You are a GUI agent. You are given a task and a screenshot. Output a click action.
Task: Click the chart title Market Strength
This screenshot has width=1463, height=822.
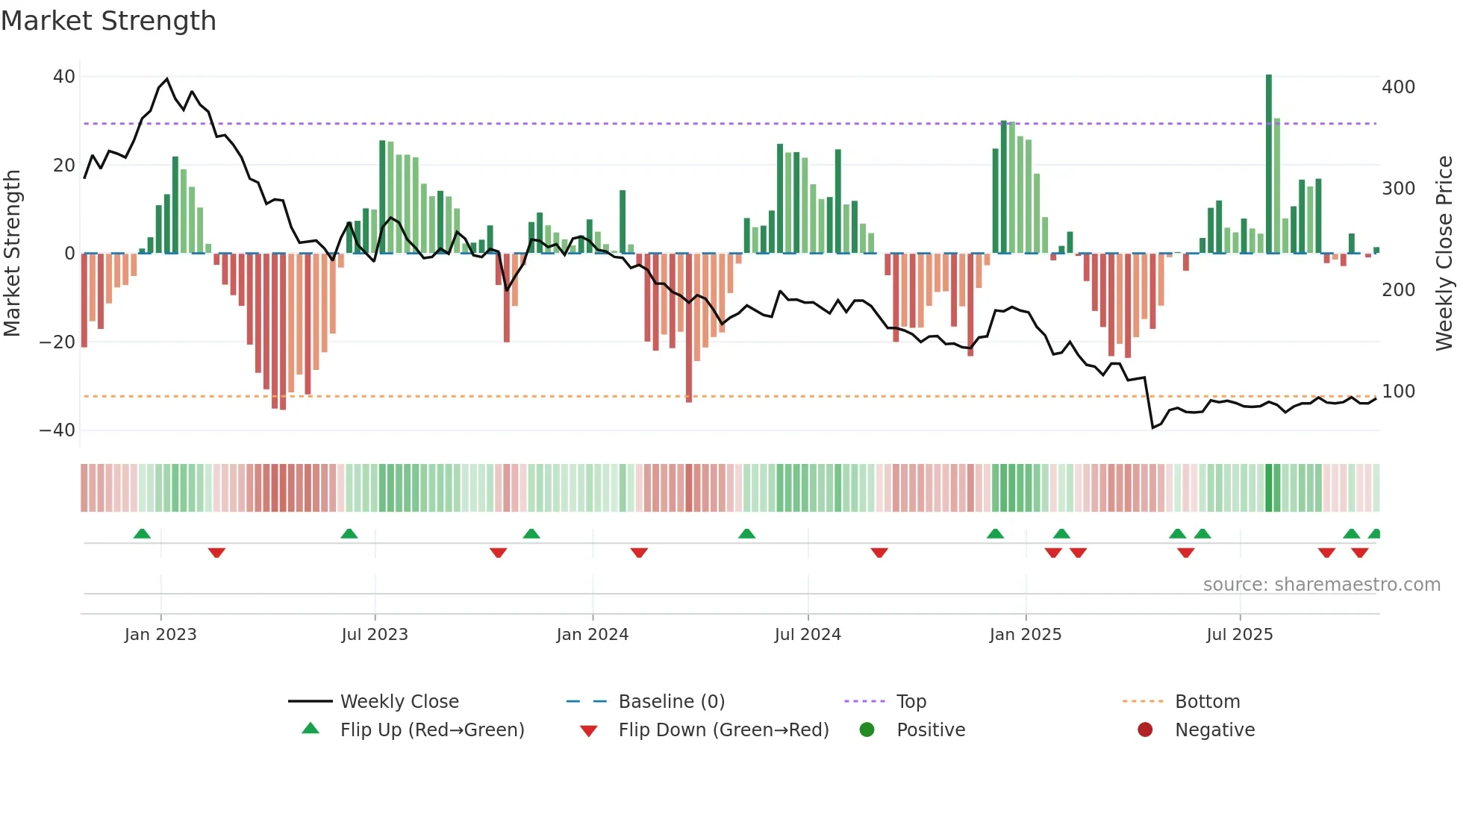[108, 21]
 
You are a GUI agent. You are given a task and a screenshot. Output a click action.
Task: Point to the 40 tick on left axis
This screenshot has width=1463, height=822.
[64, 77]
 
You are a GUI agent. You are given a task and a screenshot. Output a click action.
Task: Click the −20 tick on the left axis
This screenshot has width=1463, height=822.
[57, 342]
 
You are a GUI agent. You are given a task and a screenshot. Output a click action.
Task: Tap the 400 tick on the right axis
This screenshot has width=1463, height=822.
[1398, 87]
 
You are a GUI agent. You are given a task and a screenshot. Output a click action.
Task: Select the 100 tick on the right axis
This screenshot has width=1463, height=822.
[1398, 392]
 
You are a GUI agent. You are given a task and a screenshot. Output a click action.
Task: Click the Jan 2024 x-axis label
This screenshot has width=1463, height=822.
[593, 635]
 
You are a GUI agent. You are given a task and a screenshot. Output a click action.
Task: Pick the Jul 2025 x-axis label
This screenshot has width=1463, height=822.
[1240, 635]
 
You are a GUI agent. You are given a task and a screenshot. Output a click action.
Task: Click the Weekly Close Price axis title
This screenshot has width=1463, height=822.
[1444, 254]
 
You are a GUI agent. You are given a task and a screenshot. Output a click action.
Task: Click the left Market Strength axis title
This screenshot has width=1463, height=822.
[13, 254]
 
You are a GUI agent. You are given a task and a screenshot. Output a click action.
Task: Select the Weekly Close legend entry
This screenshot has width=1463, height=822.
[399, 702]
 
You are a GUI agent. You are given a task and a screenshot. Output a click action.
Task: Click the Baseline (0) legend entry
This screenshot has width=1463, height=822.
[671, 702]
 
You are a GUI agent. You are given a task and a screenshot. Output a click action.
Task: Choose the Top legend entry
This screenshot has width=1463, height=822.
[911, 702]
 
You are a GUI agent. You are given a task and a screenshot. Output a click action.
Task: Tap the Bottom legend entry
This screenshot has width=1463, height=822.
[1207, 702]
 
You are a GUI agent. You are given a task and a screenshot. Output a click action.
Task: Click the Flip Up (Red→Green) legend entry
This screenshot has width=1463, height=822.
[431, 730]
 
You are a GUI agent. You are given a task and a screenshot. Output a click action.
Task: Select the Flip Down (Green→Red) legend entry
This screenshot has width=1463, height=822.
[723, 730]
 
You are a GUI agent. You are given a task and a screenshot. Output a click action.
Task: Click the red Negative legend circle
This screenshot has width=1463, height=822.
[1145, 730]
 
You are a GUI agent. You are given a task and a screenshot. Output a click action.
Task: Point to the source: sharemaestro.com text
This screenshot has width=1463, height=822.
[1321, 585]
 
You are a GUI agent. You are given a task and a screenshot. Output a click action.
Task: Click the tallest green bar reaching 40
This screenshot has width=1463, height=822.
[1269, 164]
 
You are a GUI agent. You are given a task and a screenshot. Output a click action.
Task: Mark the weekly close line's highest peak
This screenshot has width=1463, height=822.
[166, 79]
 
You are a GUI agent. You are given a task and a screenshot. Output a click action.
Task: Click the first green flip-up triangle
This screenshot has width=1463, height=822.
[142, 533]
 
